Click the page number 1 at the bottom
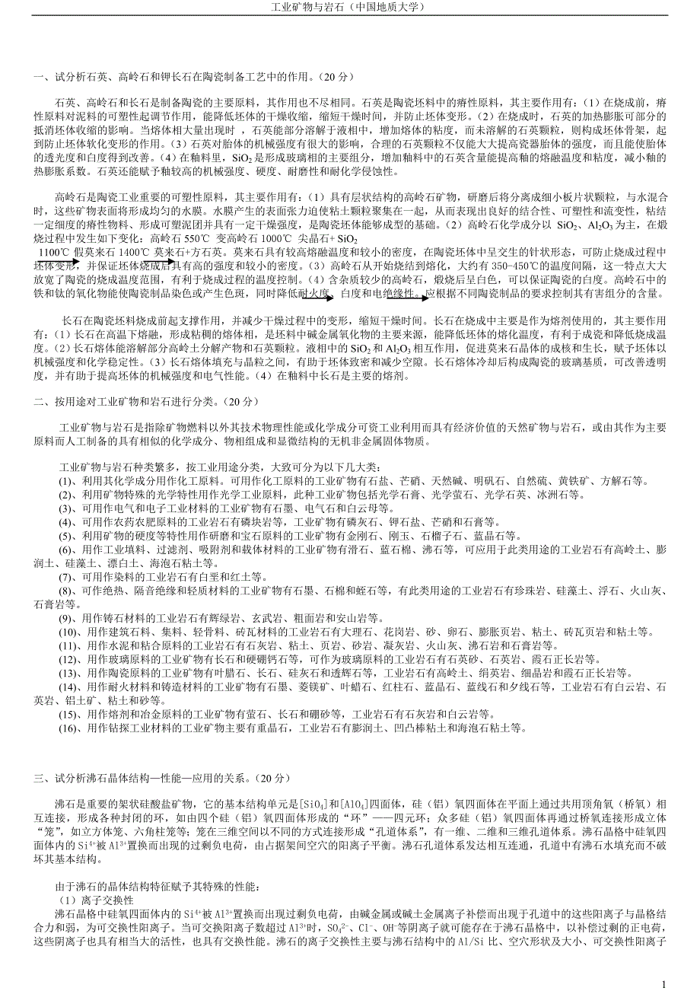tap(664, 983)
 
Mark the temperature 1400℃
tap(134, 252)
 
